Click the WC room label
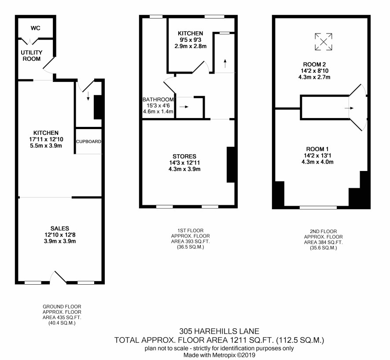[x=35, y=28]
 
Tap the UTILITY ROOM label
[x=32, y=56]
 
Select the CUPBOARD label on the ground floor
[x=88, y=141]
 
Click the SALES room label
[x=60, y=228]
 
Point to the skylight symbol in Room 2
[x=324, y=42]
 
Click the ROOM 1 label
[x=317, y=149]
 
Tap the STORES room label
[x=184, y=156]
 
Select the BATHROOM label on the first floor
[x=158, y=100]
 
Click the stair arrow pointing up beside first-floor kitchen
[x=225, y=63]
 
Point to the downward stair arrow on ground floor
[x=88, y=96]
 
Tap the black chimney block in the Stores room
[x=231, y=164]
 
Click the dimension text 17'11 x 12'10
[x=46, y=139]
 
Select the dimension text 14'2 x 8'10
[x=314, y=71]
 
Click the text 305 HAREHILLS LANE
[x=219, y=331]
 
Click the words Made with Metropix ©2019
[x=219, y=355]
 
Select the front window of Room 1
[x=318, y=208]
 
